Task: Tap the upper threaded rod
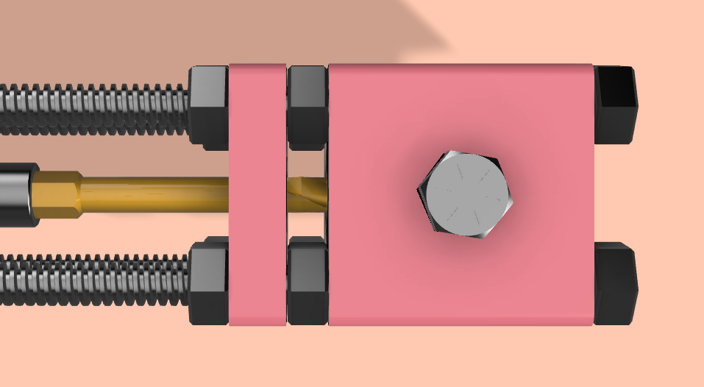(96, 108)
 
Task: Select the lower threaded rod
(96, 280)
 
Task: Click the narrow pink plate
(257, 194)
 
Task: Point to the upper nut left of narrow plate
(209, 104)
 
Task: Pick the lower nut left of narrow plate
(209, 283)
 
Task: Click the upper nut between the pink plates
(307, 104)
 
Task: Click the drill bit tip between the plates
(307, 193)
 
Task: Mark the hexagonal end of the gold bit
(57, 195)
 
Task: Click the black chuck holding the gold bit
(16, 194)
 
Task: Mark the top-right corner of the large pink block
(592, 65)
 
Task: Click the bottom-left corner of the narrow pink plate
(230, 324)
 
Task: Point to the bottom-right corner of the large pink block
(592, 324)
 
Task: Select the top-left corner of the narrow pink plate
(230, 65)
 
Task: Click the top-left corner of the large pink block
(329, 65)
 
